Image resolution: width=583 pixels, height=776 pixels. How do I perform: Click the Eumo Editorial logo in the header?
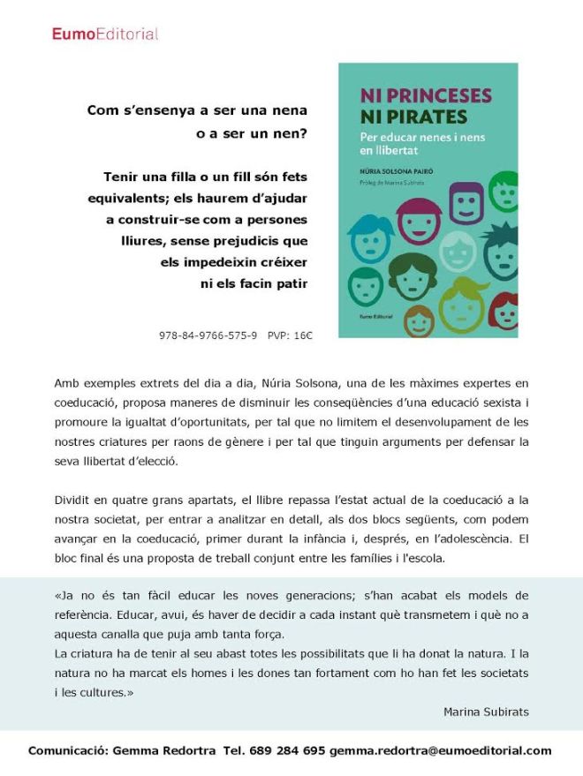pyautogui.click(x=104, y=34)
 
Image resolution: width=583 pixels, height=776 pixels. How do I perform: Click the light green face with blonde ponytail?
pyautogui.click(x=463, y=305)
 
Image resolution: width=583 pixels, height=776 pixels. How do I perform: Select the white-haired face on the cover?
pyautogui.click(x=458, y=250)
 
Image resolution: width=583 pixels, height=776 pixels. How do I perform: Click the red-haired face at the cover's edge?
pyautogui.click(x=506, y=311)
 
